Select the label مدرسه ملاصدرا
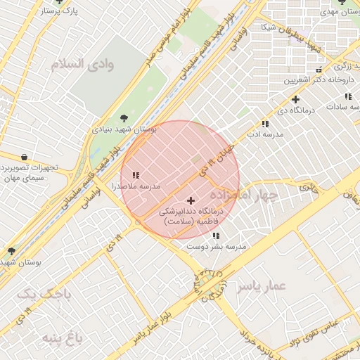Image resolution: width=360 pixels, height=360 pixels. tap(136, 186)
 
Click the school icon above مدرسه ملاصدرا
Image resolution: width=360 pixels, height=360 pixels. tap(136, 174)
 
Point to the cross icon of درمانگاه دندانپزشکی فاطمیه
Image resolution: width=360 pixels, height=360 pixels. tap(191, 200)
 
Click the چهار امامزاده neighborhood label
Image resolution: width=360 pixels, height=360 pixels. tap(243, 193)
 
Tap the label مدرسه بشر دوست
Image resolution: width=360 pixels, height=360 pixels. tap(217, 247)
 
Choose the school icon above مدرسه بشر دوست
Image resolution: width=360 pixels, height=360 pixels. tap(216, 236)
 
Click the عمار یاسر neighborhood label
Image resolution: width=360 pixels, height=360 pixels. tap(262, 286)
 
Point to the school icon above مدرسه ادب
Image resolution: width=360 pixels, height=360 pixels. tap(264, 123)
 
